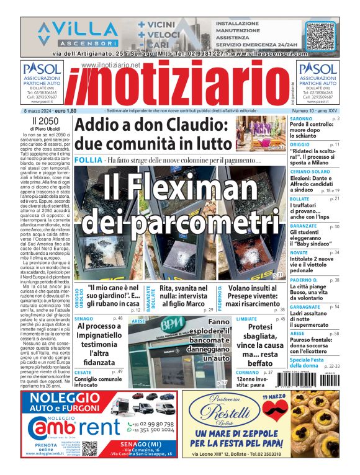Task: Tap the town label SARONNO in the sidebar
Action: click(x=301, y=118)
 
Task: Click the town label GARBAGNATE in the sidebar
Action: click(x=306, y=306)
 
